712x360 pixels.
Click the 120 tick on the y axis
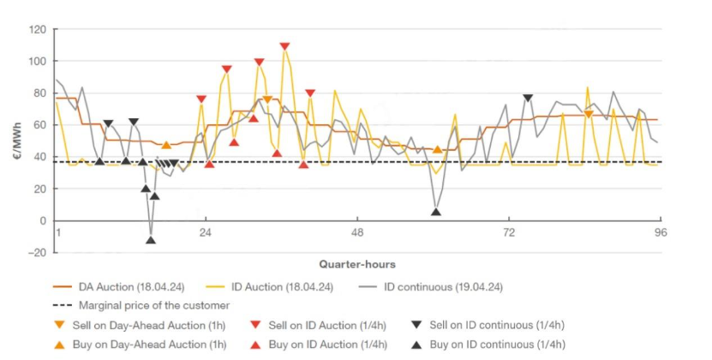point(38,29)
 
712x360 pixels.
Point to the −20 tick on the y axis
point(36,253)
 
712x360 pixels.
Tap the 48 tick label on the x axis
point(357,233)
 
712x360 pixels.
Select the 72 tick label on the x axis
point(508,233)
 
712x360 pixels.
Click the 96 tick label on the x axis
point(660,233)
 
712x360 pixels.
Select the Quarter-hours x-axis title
point(357,264)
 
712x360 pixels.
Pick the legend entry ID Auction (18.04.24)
point(284,287)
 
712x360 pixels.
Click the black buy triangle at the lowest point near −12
point(151,240)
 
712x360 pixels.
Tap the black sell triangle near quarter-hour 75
point(528,99)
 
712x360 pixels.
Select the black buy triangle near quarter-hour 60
point(436,212)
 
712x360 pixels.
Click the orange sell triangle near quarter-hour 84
point(588,114)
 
